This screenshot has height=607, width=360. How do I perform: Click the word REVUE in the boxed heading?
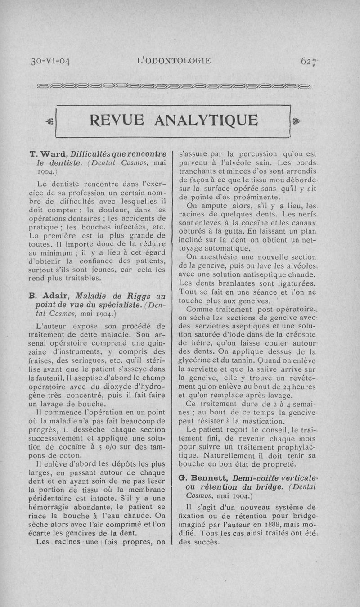118,120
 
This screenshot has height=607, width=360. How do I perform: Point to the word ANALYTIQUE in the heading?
207,120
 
